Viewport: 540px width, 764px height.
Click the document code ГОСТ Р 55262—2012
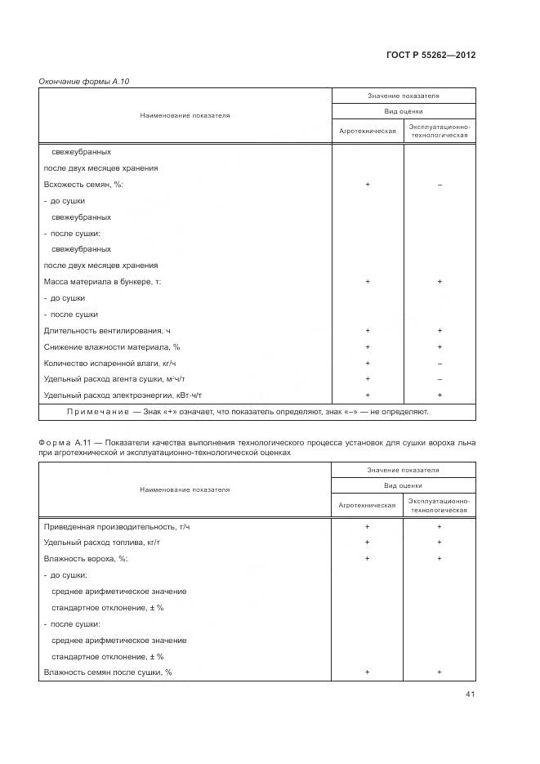[431, 55]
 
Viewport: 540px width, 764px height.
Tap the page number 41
[470, 695]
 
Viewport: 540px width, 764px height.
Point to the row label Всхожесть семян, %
[83, 185]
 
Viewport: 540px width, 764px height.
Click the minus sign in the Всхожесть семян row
[440, 185]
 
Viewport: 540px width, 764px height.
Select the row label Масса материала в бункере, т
[102, 281]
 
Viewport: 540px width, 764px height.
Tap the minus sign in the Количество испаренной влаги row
[440, 363]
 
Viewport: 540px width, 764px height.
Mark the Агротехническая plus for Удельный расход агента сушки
[368, 379]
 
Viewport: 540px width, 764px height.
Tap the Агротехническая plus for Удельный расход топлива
[368, 542]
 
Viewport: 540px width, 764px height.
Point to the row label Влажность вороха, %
[85, 558]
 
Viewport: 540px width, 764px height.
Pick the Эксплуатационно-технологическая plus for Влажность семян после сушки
[440, 672]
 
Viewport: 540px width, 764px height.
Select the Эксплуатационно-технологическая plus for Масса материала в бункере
[440, 281]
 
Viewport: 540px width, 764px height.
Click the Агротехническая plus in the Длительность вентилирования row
[368, 330]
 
